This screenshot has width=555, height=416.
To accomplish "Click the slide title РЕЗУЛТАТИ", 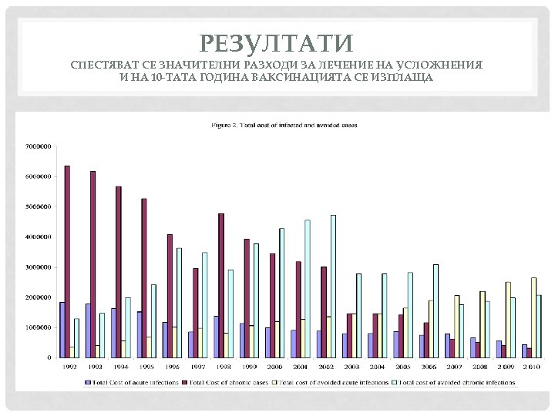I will coord(276,43).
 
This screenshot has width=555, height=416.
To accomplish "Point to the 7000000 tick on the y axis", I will coord(39,146).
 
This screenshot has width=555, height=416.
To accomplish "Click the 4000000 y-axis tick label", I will coord(39,237).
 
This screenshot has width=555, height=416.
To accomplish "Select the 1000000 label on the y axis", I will coord(39,327).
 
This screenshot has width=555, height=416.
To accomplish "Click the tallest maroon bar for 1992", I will coord(68,261).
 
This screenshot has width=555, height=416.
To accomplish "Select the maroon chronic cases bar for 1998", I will coord(221,285).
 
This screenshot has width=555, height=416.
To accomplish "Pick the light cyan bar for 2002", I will coord(333,286).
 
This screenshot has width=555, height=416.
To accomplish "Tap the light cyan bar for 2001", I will coord(308,288).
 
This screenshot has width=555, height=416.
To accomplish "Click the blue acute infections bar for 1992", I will coord(62,330).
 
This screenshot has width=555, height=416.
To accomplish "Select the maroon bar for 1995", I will coord(144,277).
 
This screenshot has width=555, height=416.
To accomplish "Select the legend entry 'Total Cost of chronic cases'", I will coord(230,382).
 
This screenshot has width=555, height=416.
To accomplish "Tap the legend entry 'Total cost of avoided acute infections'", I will coord(335,382).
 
